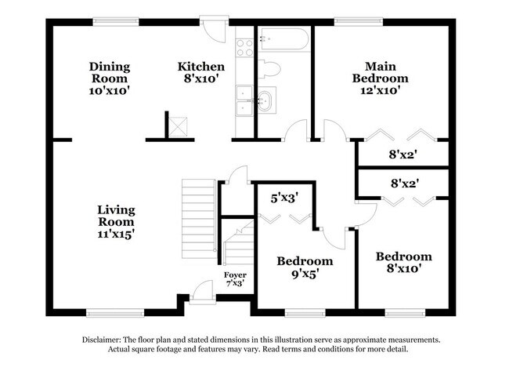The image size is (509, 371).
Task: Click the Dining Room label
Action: (x=109, y=67)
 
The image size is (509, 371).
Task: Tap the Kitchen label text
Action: (x=201, y=67)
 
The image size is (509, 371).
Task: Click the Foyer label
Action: (x=235, y=275)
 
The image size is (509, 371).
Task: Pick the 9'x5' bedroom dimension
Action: (x=305, y=275)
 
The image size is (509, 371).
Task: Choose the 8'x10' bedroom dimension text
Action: (x=403, y=269)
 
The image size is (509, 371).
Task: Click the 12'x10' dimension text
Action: (x=380, y=91)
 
